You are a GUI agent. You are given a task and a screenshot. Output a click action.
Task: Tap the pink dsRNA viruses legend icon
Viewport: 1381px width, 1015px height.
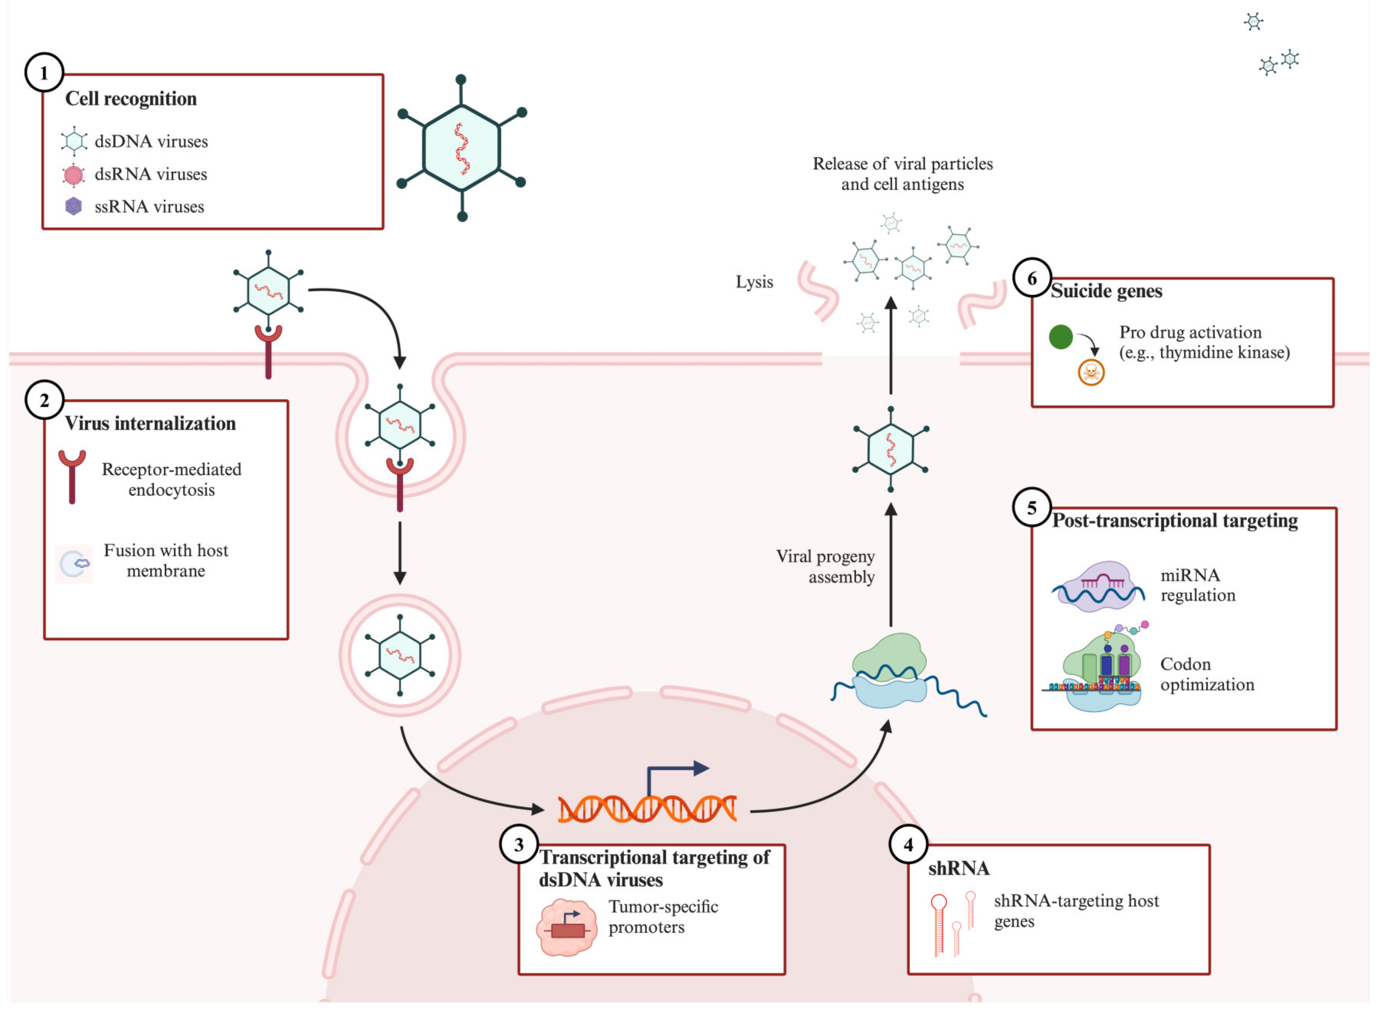tap(73, 174)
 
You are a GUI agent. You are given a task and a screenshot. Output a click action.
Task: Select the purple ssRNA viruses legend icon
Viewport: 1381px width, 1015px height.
tap(73, 207)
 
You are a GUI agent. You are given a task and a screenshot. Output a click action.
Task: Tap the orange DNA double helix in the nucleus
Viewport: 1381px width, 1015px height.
tap(646, 808)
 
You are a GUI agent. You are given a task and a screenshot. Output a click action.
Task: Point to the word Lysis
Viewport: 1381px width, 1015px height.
tap(754, 282)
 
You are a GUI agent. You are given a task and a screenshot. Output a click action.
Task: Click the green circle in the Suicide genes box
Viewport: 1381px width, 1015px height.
tap(1061, 337)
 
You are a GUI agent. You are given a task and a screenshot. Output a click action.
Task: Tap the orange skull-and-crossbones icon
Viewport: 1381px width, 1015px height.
tap(1091, 372)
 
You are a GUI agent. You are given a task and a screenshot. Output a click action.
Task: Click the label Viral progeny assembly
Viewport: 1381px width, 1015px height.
tap(826, 567)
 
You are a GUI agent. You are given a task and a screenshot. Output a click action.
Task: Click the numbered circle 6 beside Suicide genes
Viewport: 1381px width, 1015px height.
tap(1032, 278)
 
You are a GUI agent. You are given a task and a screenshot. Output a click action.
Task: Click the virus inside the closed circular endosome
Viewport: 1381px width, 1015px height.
tap(400, 655)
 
